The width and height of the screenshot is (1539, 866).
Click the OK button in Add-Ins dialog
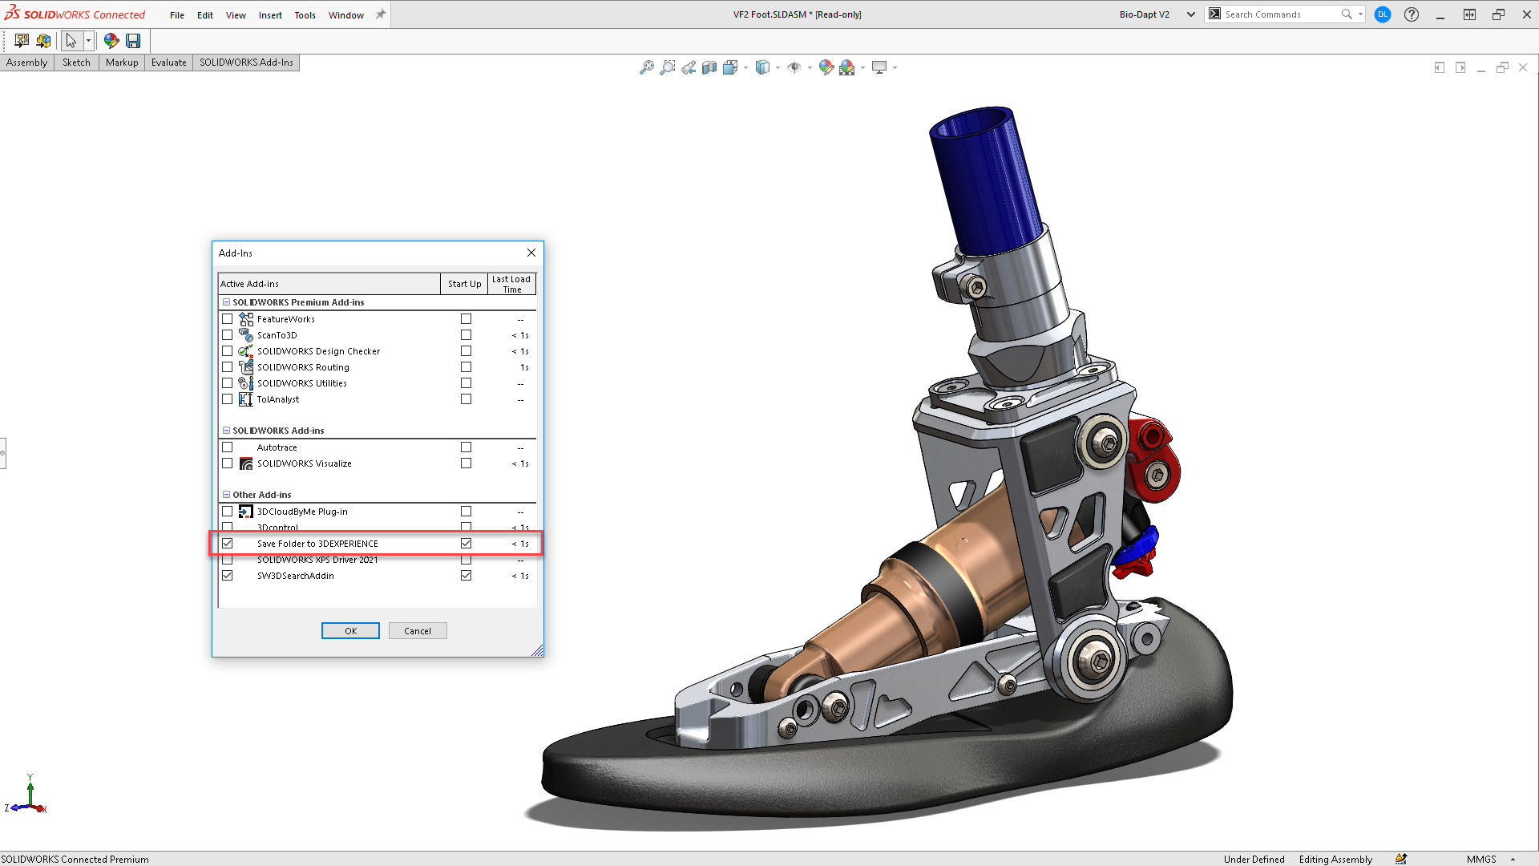350,631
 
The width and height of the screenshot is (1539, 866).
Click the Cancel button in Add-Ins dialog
418,631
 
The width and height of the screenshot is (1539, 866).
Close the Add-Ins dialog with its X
531,253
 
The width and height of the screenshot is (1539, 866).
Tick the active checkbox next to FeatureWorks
228,319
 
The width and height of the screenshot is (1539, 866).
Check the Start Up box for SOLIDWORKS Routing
466,367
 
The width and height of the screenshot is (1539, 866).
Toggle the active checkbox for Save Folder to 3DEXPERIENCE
228,544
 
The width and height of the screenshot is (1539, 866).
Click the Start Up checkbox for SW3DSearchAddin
466,576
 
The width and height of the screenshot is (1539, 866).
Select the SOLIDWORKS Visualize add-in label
304,463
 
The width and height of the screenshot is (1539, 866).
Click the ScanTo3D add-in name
277,335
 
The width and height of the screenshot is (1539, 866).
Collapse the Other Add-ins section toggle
226,495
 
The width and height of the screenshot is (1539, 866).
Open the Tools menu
305,15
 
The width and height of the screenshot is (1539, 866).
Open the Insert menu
270,15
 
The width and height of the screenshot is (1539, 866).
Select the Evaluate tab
168,63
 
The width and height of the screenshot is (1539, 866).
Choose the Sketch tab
76,63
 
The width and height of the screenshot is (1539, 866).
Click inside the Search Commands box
1278,14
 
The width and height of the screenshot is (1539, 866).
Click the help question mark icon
1412,14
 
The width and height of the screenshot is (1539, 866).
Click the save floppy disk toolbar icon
133,41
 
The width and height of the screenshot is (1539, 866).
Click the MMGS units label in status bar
1481,859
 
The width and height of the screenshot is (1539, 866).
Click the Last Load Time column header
511,284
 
